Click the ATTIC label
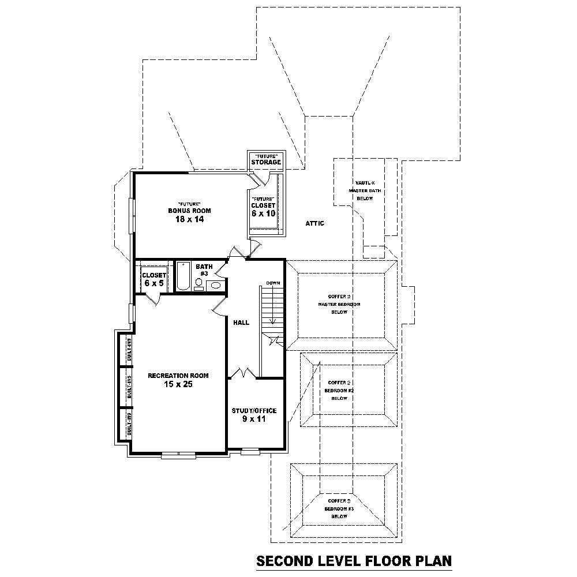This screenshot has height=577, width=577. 314,223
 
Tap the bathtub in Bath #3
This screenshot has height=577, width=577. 182,276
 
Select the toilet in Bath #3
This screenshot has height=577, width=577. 199,283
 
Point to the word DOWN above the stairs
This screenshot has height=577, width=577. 273,283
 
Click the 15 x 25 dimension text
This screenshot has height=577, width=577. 178,385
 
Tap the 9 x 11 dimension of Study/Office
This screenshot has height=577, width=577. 254,419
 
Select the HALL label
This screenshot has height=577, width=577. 241,323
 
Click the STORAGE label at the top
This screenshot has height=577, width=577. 266,162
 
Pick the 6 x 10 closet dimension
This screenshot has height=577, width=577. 263,213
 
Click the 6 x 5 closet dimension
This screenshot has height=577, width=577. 153,284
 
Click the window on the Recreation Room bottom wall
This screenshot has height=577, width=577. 179,455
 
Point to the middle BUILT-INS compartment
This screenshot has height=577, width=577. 125,387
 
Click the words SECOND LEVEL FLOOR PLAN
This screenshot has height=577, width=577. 354,561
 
